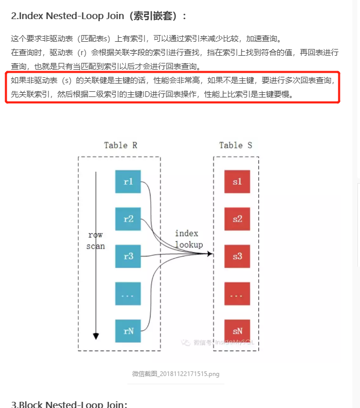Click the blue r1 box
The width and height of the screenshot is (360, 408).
point(128,182)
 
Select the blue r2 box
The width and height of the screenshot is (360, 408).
point(128,219)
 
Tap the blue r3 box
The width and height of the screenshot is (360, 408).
point(128,256)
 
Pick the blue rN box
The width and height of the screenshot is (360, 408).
point(128,331)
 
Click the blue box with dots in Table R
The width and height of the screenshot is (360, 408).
point(128,294)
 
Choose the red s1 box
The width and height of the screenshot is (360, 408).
point(237,182)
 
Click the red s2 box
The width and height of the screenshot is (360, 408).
point(237,219)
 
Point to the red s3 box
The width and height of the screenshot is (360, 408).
point(237,256)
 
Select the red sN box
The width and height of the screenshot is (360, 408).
point(237,331)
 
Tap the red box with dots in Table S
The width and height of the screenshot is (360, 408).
point(237,294)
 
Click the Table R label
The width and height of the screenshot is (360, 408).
point(121,145)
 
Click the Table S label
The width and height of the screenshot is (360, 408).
point(236,145)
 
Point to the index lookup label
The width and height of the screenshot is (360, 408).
point(189,239)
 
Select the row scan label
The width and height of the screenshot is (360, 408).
point(95,240)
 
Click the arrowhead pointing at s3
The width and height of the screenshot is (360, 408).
point(210,254)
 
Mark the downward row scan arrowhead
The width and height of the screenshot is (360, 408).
point(95,336)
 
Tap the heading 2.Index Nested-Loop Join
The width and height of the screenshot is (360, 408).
point(98,16)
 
